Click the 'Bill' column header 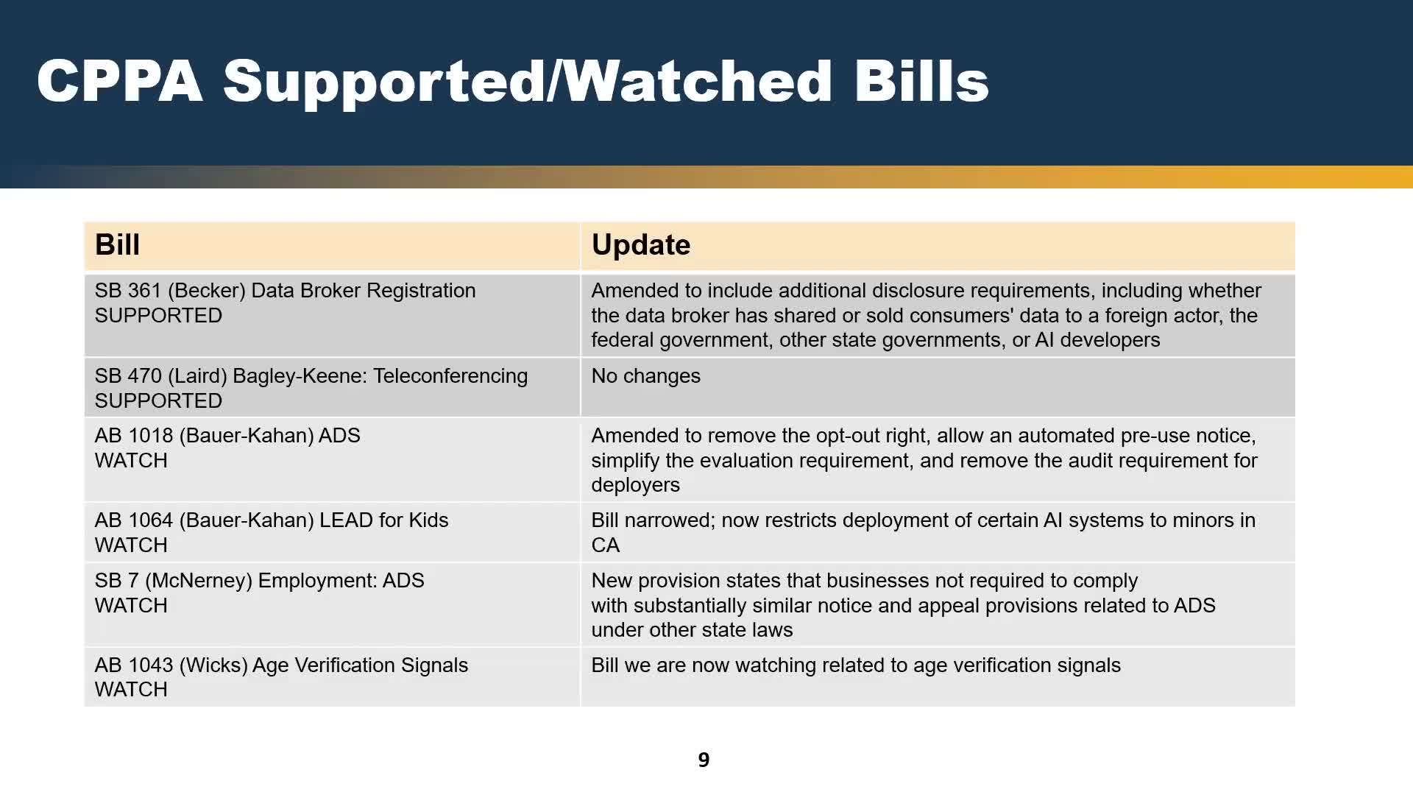point(117,245)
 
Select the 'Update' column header point(641,245)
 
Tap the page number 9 point(704,760)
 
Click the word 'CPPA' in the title point(120,81)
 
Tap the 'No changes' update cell point(646,376)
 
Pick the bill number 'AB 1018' point(137,436)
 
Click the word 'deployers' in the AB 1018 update point(636,486)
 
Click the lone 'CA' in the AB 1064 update point(606,545)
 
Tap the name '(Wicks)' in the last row point(213,666)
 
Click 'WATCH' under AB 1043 point(131,690)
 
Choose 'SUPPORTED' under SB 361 point(158,316)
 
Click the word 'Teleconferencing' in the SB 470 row point(450,377)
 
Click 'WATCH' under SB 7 point(131,606)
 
